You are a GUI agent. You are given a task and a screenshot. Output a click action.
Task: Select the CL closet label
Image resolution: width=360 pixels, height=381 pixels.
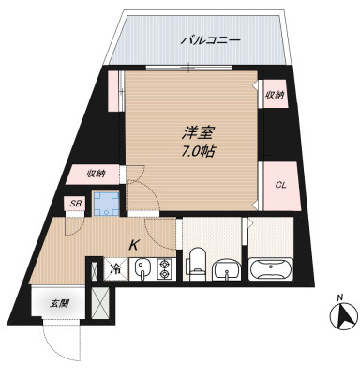[279, 184]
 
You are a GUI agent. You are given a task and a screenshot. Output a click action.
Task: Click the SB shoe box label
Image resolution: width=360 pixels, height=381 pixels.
[74, 204]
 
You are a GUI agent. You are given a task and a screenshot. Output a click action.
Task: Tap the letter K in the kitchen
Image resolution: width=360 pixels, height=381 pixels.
[134, 245]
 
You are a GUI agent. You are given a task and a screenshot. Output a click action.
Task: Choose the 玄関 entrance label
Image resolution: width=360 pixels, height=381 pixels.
[60, 303]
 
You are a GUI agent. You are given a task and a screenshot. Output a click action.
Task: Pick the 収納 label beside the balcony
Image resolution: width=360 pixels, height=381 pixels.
[274, 95]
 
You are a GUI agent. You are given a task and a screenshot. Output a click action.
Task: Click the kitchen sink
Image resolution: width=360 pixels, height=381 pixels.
[142, 269]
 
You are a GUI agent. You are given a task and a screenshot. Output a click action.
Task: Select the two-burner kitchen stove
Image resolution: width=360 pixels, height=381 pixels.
[165, 270]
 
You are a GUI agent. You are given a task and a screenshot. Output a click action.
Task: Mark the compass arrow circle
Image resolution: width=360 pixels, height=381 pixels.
[341, 318]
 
